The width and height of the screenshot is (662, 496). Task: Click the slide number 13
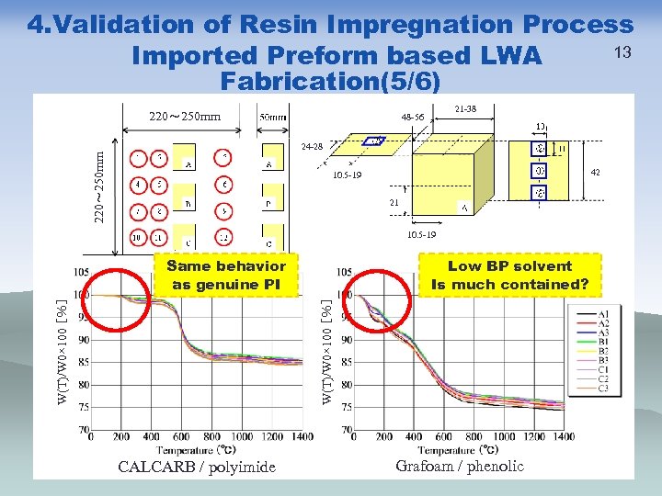(622, 51)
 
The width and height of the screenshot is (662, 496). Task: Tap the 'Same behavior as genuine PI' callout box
(226, 275)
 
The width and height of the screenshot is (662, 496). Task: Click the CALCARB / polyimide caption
(197, 468)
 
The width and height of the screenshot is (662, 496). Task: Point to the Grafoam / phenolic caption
(460, 466)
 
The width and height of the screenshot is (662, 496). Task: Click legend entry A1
(603, 314)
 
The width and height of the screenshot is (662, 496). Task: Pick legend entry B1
(603, 342)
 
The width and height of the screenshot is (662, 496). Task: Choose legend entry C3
(603, 388)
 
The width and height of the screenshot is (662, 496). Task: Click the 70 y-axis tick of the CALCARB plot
(84, 429)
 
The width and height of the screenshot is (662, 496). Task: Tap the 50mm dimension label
(273, 118)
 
